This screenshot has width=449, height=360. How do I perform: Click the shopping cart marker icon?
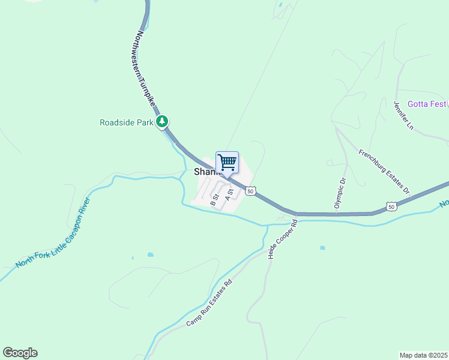point(227,162)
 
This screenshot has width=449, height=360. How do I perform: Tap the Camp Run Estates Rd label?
point(209,303)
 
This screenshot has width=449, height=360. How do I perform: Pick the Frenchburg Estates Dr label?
point(384,172)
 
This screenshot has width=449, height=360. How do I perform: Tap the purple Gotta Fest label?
point(427,104)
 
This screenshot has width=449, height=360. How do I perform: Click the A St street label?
point(228,195)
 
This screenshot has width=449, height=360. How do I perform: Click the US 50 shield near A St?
point(252,191)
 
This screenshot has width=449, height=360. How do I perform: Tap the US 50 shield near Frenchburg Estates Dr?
point(391,206)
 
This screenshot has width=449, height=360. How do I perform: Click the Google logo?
point(20,353)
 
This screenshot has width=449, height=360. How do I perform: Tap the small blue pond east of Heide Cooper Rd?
point(323,247)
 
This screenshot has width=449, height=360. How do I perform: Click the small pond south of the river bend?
point(149,254)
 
